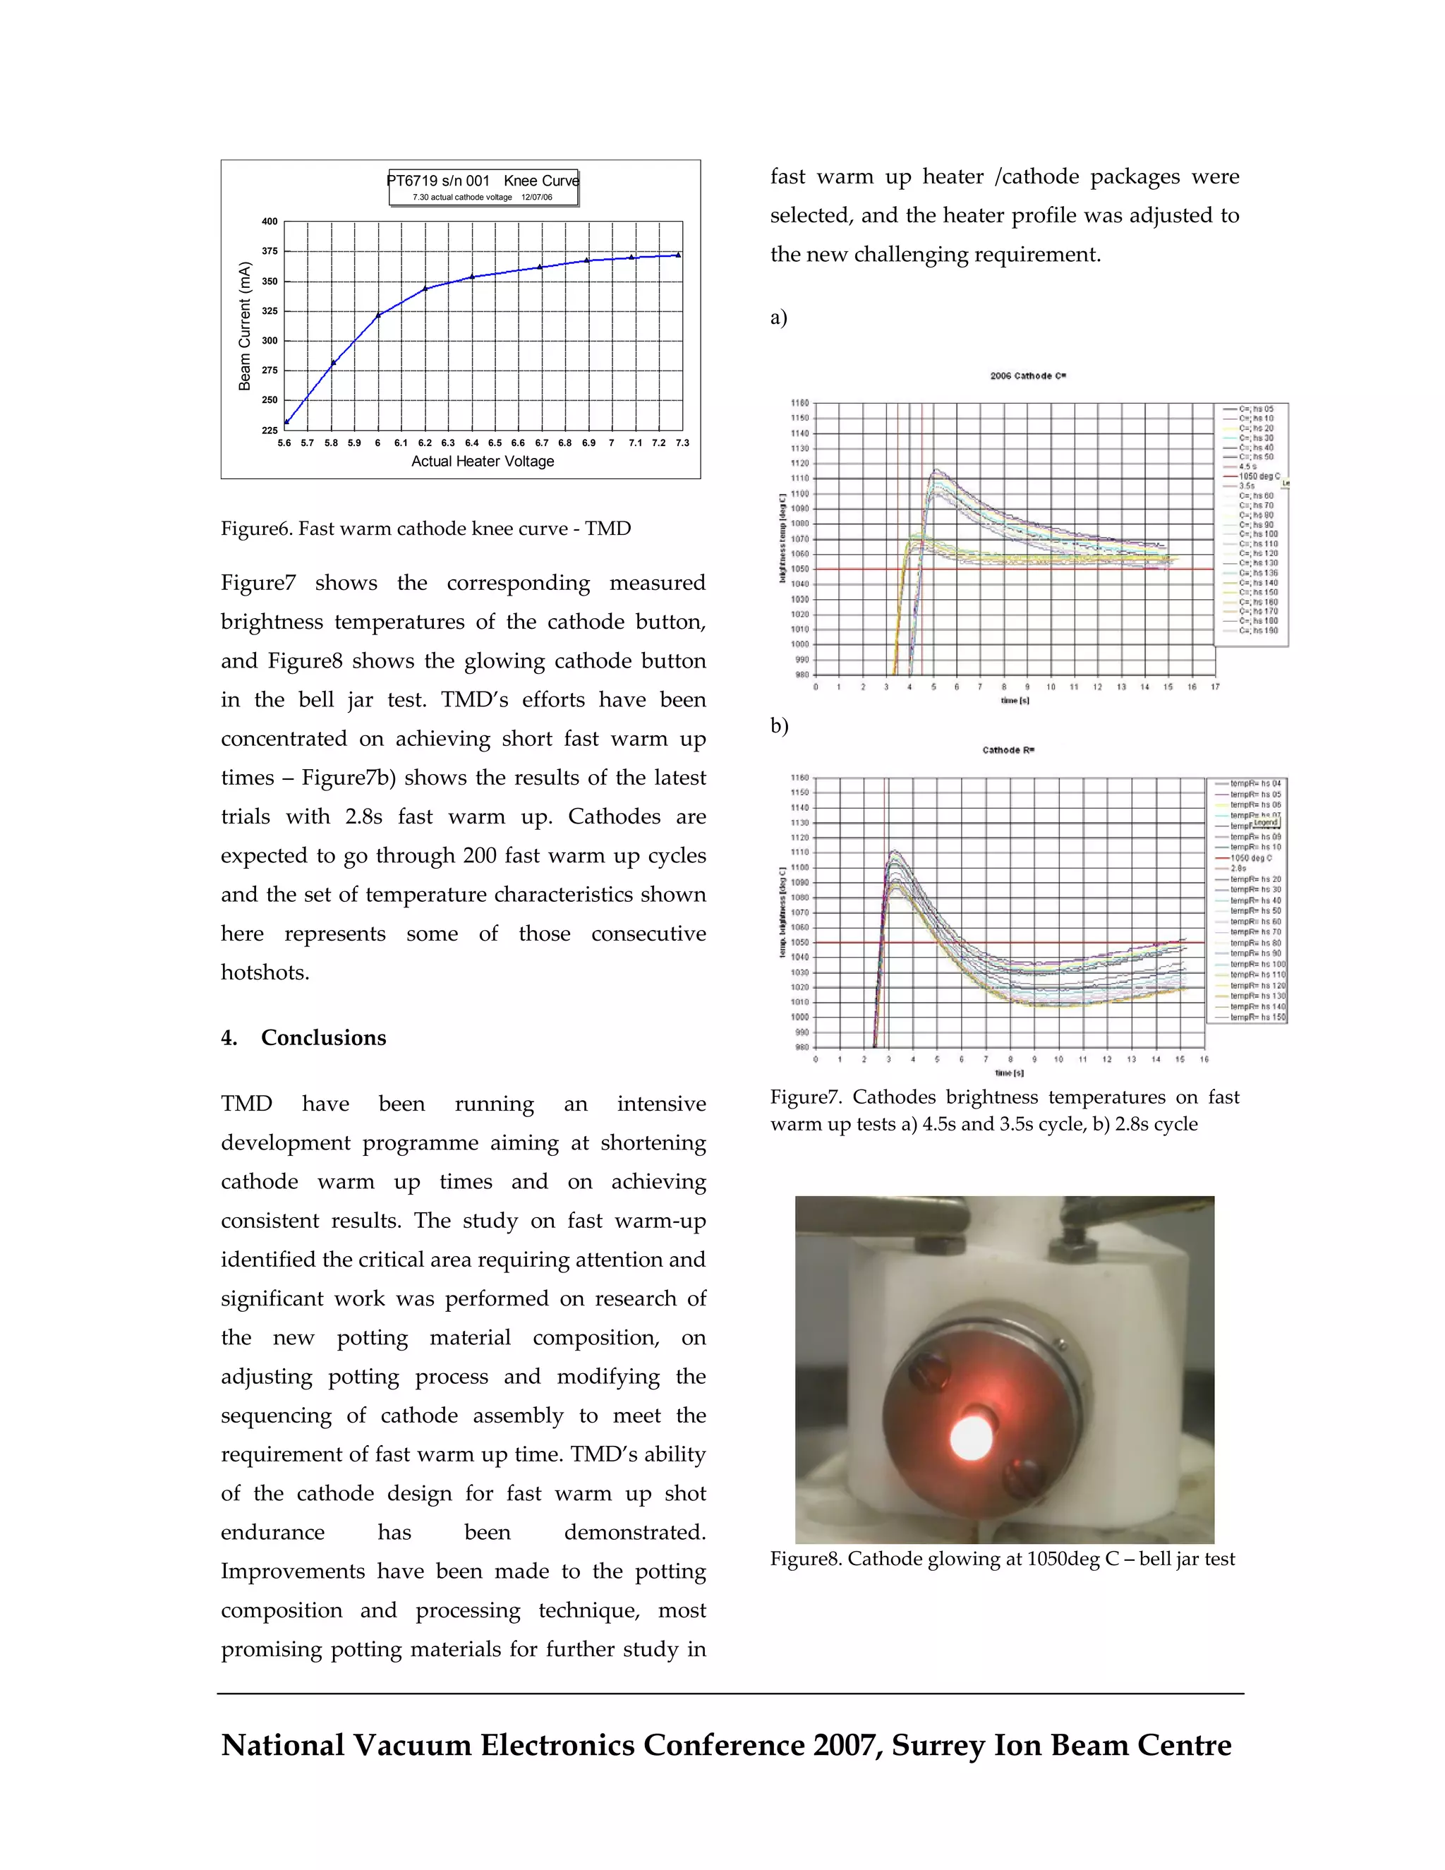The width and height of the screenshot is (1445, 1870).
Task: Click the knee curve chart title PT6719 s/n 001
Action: coord(438,181)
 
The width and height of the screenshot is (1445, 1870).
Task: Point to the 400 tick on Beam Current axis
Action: coord(270,222)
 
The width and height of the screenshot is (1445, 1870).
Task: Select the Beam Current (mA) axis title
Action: coord(245,326)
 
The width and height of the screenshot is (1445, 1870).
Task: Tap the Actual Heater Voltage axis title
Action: coord(483,462)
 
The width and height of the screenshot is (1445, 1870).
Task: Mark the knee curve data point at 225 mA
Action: coord(286,422)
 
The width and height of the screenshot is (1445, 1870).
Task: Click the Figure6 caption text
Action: coord(425,529)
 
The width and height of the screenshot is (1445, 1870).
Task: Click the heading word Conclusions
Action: coord(324,1038)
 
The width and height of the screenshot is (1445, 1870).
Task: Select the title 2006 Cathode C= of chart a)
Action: coord(1027,376)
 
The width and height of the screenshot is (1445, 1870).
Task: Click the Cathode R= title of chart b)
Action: coord(1008,750)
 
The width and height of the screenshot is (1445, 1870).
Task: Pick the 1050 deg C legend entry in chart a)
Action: coord(1259,476)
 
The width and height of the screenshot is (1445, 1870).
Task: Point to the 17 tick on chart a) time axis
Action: coord(1215,687)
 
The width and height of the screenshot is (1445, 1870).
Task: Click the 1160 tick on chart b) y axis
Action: coord(799,778)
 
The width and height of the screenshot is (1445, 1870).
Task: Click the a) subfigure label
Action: coord(778,318)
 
